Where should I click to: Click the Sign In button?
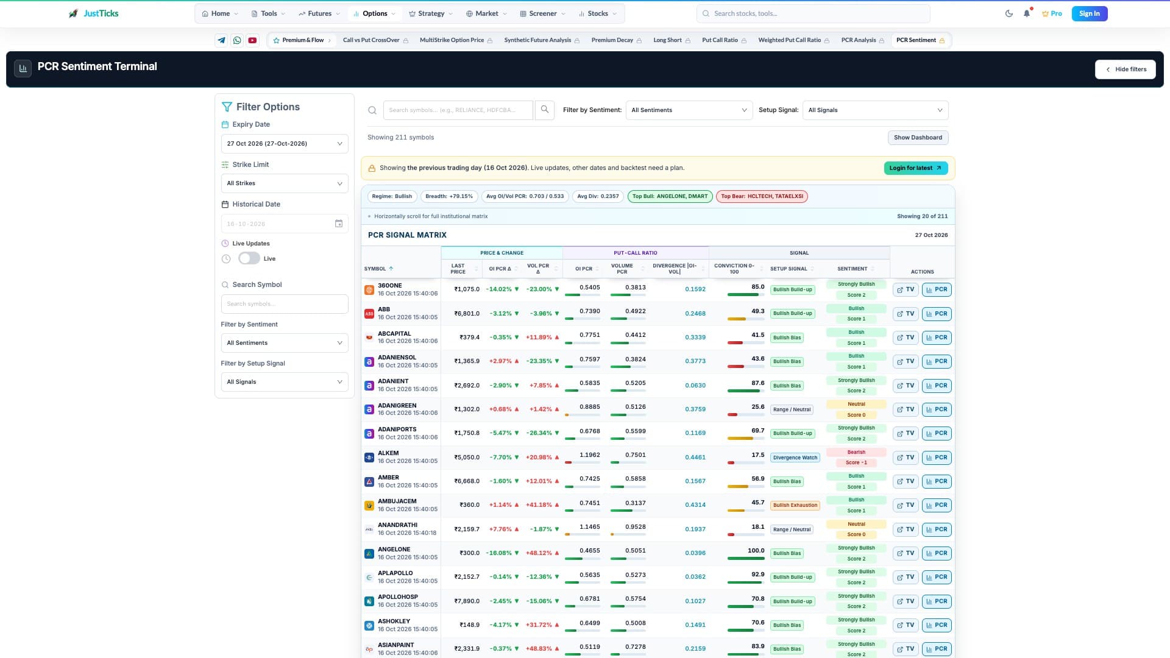pyautogui.click(x=1089, y=13)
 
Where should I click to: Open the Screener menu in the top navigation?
pyautogui.click(x=542, y=13)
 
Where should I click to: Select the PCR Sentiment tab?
pyautogui.click(x=920, y=40)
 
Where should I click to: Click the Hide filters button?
pyautogui.click(x=1125, y=69)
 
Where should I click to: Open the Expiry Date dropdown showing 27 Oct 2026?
pyautogui.click(x=285, y=144)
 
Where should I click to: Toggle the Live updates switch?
pyautogui.click(x=249, y=258)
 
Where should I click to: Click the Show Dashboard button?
pyautogui.click(x=918, y=138)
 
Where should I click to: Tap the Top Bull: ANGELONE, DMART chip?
pyautogui.click(x=670, y=196)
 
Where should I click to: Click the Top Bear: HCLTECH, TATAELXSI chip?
pyautogui.click(x=762, y=196)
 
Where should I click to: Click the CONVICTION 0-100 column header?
pyautogui.click(x=734, y=269)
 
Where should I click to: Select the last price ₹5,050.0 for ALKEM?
pyautogui.click(x=467, y=457)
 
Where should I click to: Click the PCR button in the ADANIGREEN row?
pyautogui.click(x=937, y=409)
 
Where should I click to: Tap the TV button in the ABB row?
pyautogui.click(x=906, y=314)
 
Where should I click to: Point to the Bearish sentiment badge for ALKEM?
pyautogui.click(x=856, y=452)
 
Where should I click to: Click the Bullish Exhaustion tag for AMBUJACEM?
pyautogui.click(x=795, y=505)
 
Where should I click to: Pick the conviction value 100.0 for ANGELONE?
pyautogui.click(x=756, y=550)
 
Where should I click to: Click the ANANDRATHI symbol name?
pyautogui.click(x=397, y=525)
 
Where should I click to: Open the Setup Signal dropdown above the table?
pyautogui.click(x=875, y=110)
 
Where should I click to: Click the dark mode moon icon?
pyautogui.click(x=1009, y=13)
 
